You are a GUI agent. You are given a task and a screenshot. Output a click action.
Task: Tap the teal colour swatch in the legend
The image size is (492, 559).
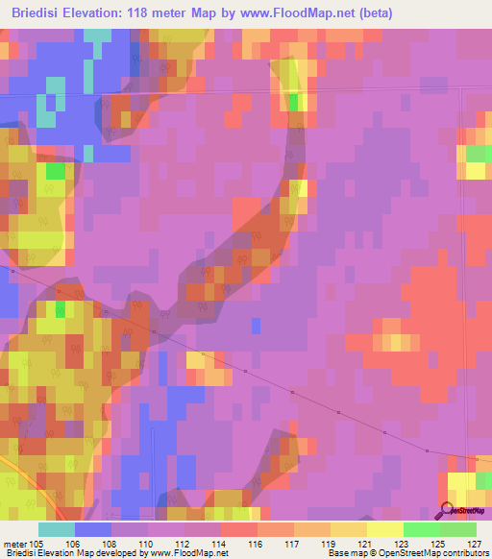point(57,529)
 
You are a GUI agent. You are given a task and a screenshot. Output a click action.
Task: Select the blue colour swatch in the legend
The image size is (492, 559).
point(93,529)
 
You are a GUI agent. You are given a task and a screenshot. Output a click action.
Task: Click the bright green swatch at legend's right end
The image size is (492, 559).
point(458,529)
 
